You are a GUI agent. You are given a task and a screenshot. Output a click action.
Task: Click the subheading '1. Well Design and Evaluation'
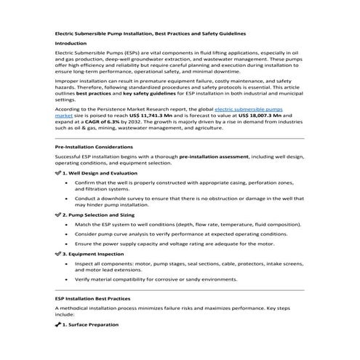point(97,174)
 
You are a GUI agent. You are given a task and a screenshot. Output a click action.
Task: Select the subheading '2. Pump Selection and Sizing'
point(97,216)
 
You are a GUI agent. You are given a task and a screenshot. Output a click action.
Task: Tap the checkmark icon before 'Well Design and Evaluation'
point(58,174)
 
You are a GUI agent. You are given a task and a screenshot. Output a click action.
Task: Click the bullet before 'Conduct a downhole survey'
point(66,198)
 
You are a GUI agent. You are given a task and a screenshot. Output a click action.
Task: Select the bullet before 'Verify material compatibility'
point(66,279)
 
